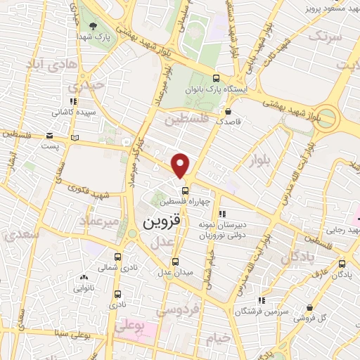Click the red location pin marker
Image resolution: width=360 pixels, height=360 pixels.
181,165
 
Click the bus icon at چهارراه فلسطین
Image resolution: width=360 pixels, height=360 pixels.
185,191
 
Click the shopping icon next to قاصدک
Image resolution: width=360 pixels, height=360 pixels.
228,110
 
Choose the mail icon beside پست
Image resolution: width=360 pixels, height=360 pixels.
50,135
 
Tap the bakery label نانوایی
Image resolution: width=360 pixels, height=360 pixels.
84,288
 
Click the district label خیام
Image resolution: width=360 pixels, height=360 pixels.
217,338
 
